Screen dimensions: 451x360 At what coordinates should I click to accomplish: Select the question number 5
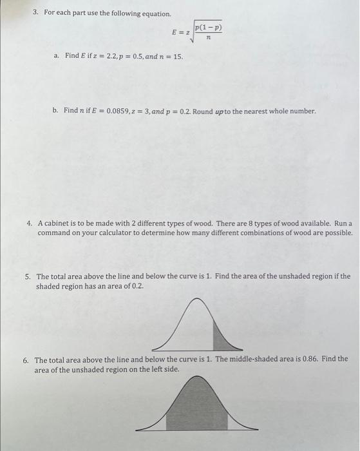[x=28, y=276]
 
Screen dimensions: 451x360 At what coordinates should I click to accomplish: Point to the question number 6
[x=26, y=360]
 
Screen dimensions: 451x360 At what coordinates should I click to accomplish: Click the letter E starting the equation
[x=174, y=32]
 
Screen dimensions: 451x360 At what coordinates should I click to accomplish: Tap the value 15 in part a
[x=178, y=57]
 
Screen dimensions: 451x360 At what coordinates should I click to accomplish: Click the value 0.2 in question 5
[x=136, y=285]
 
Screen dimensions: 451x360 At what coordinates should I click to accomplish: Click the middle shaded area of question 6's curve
[x=196, y=409]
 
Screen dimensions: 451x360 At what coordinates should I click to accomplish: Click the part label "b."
[x=56, y=111]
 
